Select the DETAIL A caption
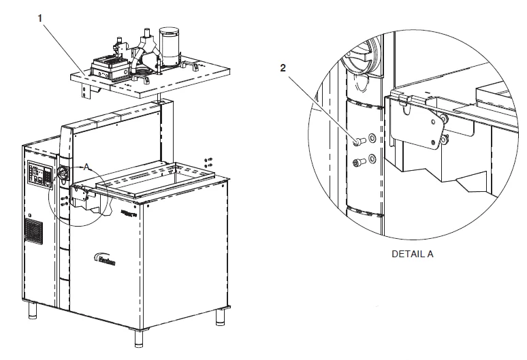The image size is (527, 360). pos(412,254)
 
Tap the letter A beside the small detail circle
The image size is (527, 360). pos(86,165)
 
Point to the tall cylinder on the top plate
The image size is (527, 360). pos(168,44)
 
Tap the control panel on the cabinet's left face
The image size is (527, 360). pos(38,176)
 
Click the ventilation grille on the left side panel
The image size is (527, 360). pos(33,232)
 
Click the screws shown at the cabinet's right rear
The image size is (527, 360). pos(208,162)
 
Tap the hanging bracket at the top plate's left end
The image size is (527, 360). pos(85,91)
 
